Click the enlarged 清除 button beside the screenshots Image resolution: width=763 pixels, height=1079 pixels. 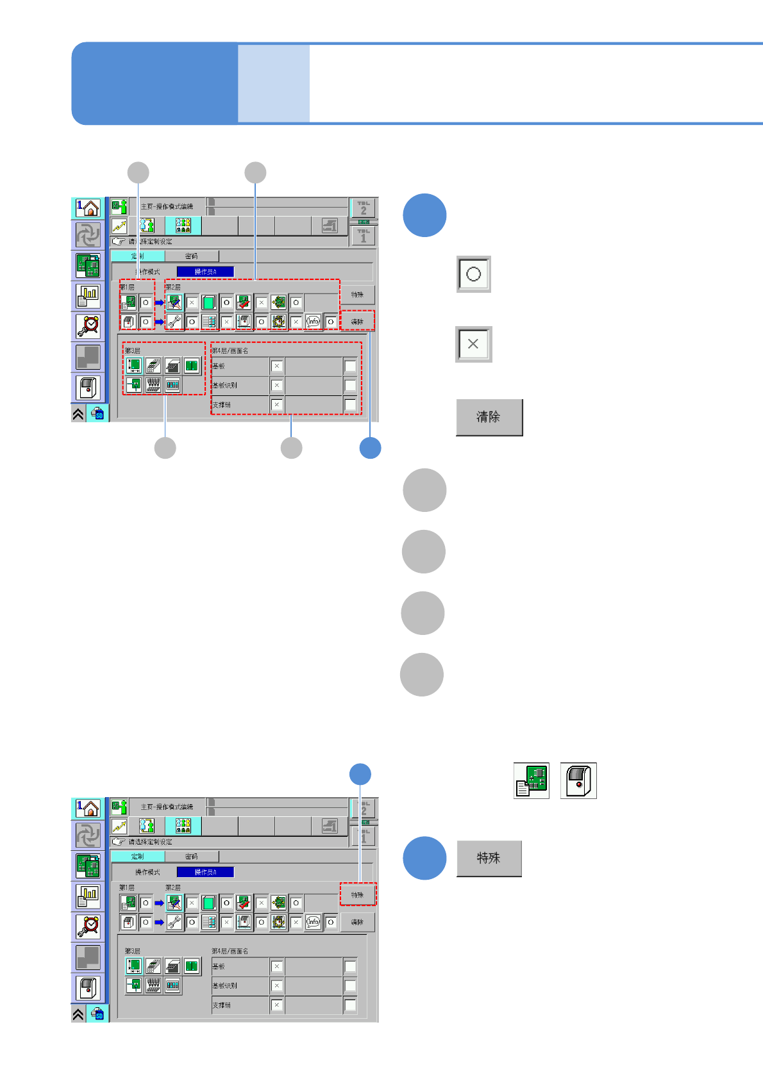[x=489, y=417]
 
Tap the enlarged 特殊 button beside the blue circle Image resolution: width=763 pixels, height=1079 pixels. [x=489, y=858]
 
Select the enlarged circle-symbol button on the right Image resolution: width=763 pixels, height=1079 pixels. [x=473, y=274]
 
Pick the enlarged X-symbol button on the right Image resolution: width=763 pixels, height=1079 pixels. [x=473, y=344]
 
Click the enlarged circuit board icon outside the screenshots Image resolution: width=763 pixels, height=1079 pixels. [x=532, y=780]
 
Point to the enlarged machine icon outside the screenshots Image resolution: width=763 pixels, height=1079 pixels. [x=578, y=780]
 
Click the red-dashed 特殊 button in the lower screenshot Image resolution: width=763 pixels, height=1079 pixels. [x=357, y=894]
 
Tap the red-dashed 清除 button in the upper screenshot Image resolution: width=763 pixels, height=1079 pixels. [x=357, y=322]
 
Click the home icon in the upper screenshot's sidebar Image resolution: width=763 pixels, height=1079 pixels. [x=88, y=208]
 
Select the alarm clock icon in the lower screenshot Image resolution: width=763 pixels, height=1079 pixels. [x=88, y=926]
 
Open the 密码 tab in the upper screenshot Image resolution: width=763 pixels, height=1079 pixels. [x=191, y=256]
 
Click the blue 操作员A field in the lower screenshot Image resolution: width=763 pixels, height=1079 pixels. [x=205, y=872]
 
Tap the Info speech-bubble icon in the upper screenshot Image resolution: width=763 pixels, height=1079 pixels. [x=313, y=322]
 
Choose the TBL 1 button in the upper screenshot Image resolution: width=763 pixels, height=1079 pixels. [x=364, y=235]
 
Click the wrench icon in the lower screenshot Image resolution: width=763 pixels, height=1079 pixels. [x=174, y=922]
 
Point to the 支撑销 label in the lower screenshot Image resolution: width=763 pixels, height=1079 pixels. [x=222, y=1005]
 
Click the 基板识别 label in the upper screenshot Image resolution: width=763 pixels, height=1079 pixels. [x=225, y=386]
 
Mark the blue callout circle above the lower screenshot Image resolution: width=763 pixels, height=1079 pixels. [x=360, y=774]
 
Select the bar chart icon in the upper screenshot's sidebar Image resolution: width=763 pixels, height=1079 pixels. [x=88, y=295]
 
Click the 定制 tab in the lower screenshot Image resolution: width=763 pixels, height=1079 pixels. [x=137, y=857]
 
